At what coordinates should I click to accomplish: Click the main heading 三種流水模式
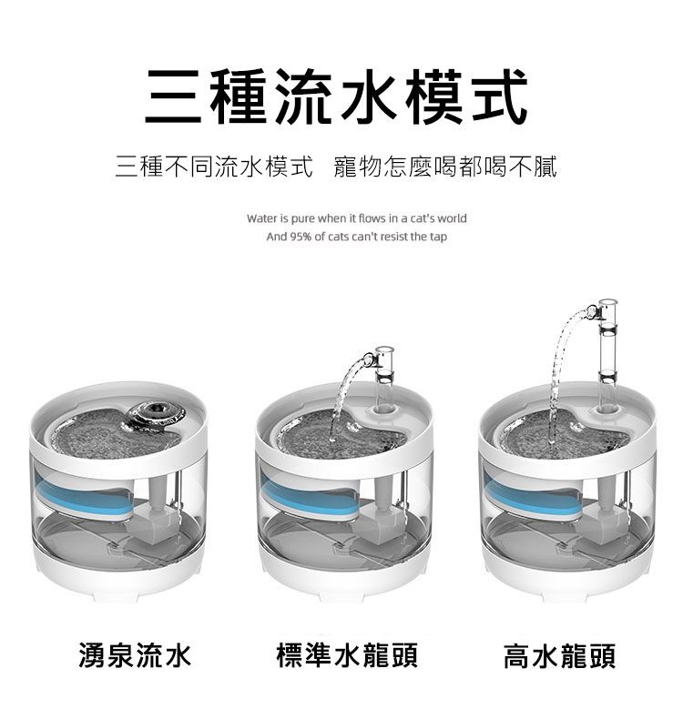pyautogui.click(x=338, y=97)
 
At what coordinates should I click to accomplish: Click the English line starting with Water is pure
pyautogui.click(x=356, y=219)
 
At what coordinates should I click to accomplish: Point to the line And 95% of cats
pyautogui.click(x=356, y=237)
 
